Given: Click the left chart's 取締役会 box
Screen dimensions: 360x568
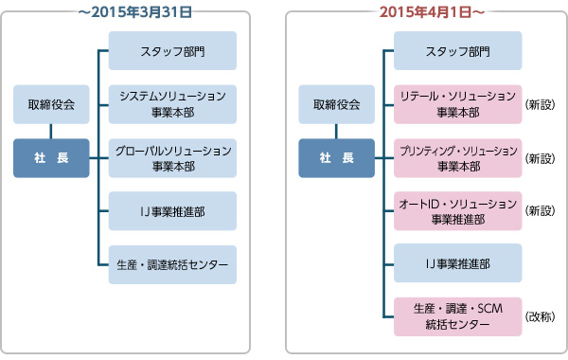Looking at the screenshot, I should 51,104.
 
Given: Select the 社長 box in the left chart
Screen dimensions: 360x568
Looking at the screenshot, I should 51,157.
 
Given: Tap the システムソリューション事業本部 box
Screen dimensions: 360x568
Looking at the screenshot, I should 172,104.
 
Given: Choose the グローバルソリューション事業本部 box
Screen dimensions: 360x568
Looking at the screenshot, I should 172,157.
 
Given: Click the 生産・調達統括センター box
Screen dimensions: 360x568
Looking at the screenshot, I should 172,263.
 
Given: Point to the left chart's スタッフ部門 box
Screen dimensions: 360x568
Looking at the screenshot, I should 172,50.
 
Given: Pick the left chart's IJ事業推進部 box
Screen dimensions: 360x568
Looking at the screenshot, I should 172,210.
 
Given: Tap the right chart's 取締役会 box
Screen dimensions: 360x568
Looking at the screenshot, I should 336,104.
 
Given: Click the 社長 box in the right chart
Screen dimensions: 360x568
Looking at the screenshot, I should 336,157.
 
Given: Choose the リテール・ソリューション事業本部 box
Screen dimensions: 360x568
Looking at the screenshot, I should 457,104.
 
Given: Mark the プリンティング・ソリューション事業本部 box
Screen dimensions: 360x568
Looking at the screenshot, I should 457,157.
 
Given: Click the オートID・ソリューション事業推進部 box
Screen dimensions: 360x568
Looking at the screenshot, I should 457,210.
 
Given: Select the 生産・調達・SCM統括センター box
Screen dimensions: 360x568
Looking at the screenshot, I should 457,316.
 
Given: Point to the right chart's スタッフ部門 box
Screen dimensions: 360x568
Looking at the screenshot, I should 457,50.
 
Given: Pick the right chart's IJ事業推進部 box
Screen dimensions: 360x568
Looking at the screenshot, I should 457,263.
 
